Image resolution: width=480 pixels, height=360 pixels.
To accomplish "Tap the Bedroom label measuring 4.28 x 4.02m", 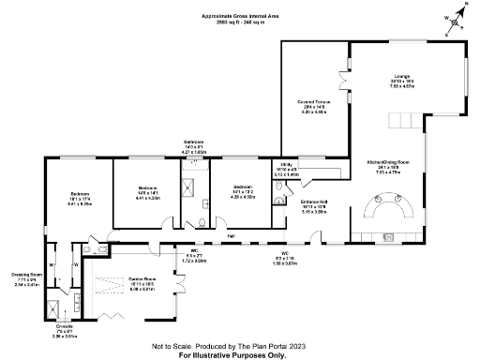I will (x=244, y=194).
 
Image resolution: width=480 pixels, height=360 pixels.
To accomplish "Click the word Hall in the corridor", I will (x=231, y=235).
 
